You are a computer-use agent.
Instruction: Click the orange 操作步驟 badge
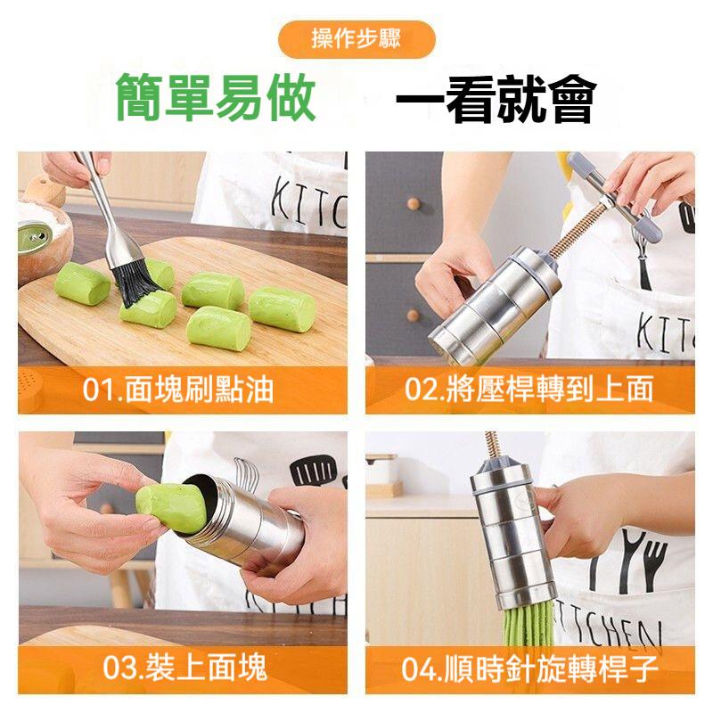pos(356,39)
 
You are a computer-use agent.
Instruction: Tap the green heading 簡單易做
pos(216,98)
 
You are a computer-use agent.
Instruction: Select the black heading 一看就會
pos(496,99)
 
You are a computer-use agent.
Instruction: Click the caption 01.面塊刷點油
pos(177,389)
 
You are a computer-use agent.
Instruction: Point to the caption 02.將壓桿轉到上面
pos(529,389)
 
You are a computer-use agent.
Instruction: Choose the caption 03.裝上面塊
pos(184,668)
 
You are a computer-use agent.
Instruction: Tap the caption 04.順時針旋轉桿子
pos(529,668)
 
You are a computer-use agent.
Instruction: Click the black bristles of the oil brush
pos(135,282)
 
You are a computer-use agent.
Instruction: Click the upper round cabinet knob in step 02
pos(414,203)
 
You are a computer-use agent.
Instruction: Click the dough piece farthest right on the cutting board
pos(282,308)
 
